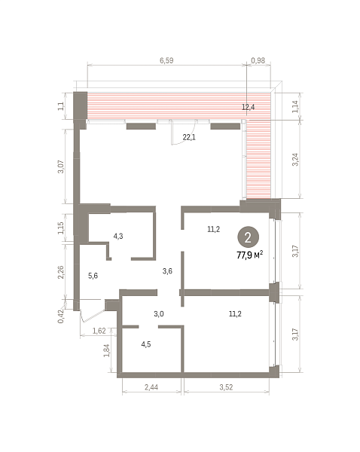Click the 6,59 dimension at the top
point(166,60)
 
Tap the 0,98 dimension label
point(258,60)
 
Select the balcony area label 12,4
point(249,107)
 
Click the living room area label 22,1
point(189,137)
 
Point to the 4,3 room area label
point(118,236)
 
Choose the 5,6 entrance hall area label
point(93,276)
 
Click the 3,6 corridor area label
point(167,271)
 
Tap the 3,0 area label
point(159,313)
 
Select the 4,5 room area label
point(146,344)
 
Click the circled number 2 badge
point(248,237)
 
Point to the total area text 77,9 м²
point(250,255)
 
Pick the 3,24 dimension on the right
point(295,160)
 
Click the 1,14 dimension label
point(295,106)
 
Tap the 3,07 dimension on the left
point(61,166)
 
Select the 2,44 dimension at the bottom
point(151,387)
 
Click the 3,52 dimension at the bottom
point(226,387)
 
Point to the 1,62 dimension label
point(99,331)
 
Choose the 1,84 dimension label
point(107,350)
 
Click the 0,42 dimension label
point(61,316)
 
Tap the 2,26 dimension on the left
point(61,272)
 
